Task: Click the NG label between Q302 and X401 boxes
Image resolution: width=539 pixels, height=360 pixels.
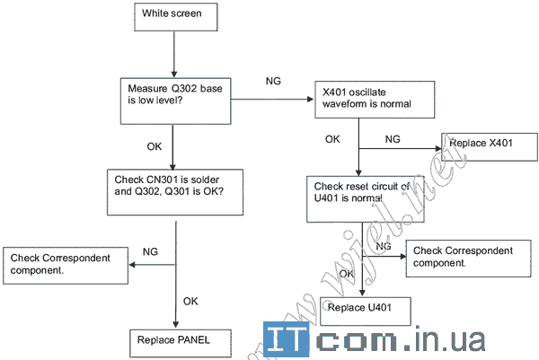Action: [273, 82]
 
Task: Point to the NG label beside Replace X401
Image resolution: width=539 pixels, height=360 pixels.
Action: [392, 140]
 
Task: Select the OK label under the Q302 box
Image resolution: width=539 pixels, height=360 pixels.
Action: [154, 146]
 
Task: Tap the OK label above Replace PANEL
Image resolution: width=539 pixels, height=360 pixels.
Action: [190, 301]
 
